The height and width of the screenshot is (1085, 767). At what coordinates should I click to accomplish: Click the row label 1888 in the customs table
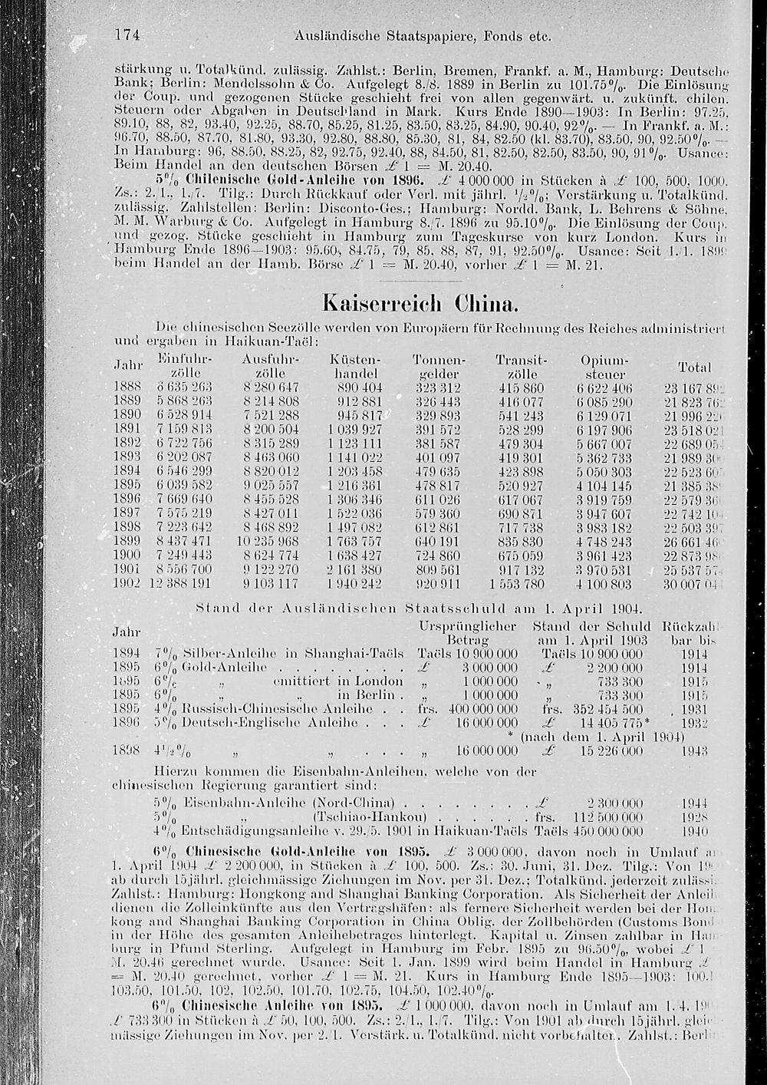[127, 386]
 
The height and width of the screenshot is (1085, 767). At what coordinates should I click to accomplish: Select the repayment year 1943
[693, 750]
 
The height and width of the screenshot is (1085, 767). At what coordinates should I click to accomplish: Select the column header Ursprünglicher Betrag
[468, 632]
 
